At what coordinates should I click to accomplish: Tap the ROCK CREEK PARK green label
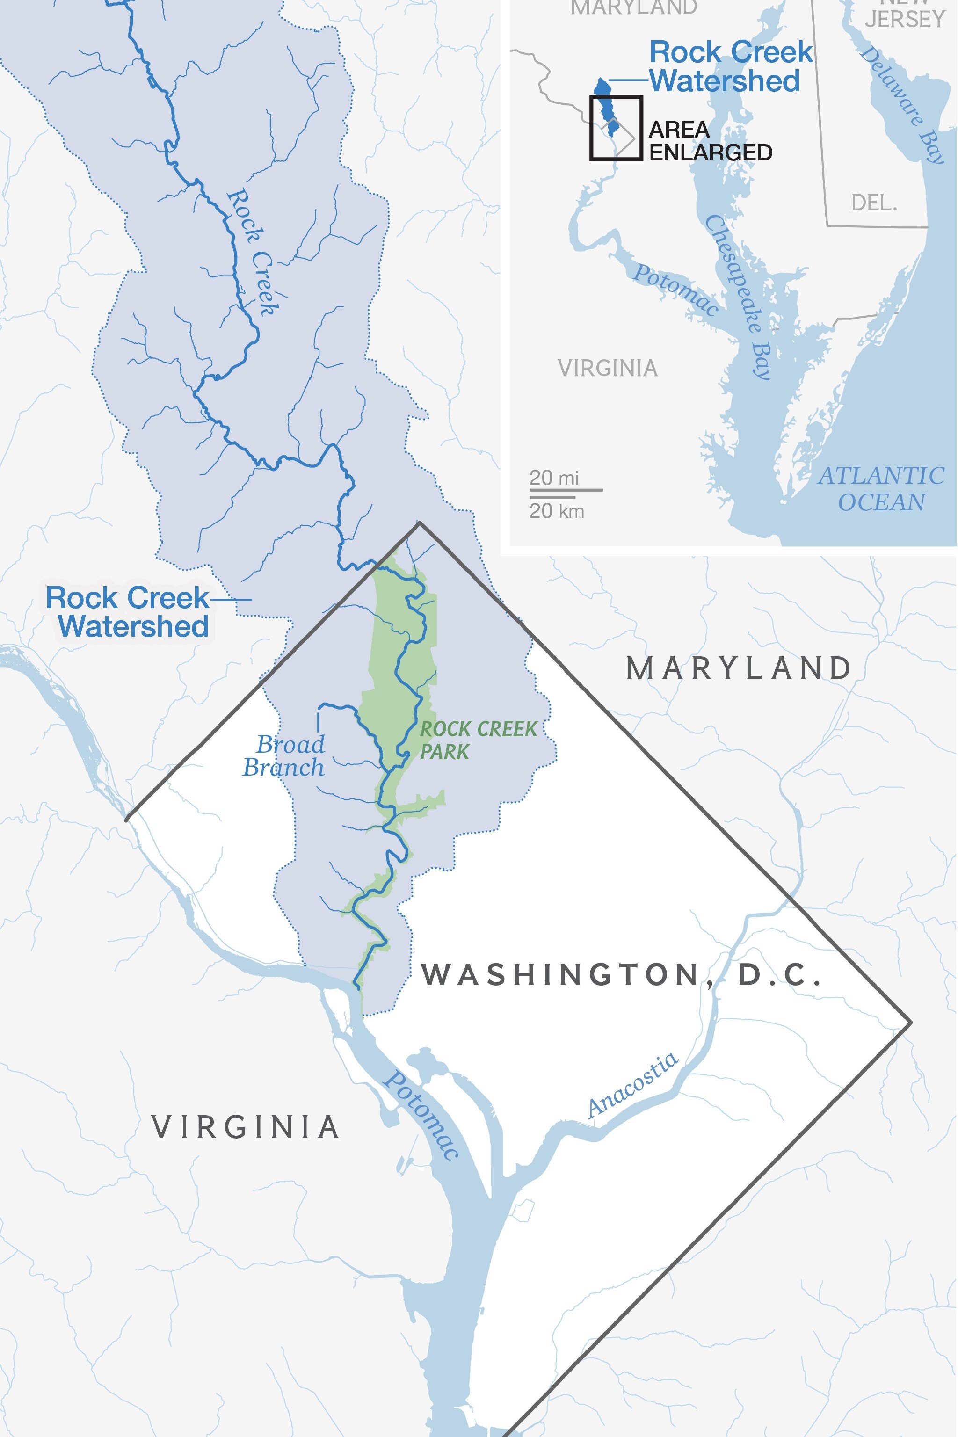tap(478, 740)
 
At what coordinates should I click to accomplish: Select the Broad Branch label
tap(285, 756)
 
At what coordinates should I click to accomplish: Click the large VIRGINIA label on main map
tap(245, 1127)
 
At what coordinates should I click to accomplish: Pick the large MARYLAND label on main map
tap(739, 668)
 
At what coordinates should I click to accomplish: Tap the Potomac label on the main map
tap(421, 1115)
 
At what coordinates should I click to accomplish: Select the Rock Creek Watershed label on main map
tap(128, 612)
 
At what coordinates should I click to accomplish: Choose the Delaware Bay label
tap(903, 104)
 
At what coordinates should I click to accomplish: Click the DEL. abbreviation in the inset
tap(874, 203)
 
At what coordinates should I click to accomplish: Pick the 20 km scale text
tap(557, 511)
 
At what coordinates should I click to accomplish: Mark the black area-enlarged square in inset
tap(616, 128)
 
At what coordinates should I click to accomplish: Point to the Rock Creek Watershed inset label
tap(731, 66)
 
